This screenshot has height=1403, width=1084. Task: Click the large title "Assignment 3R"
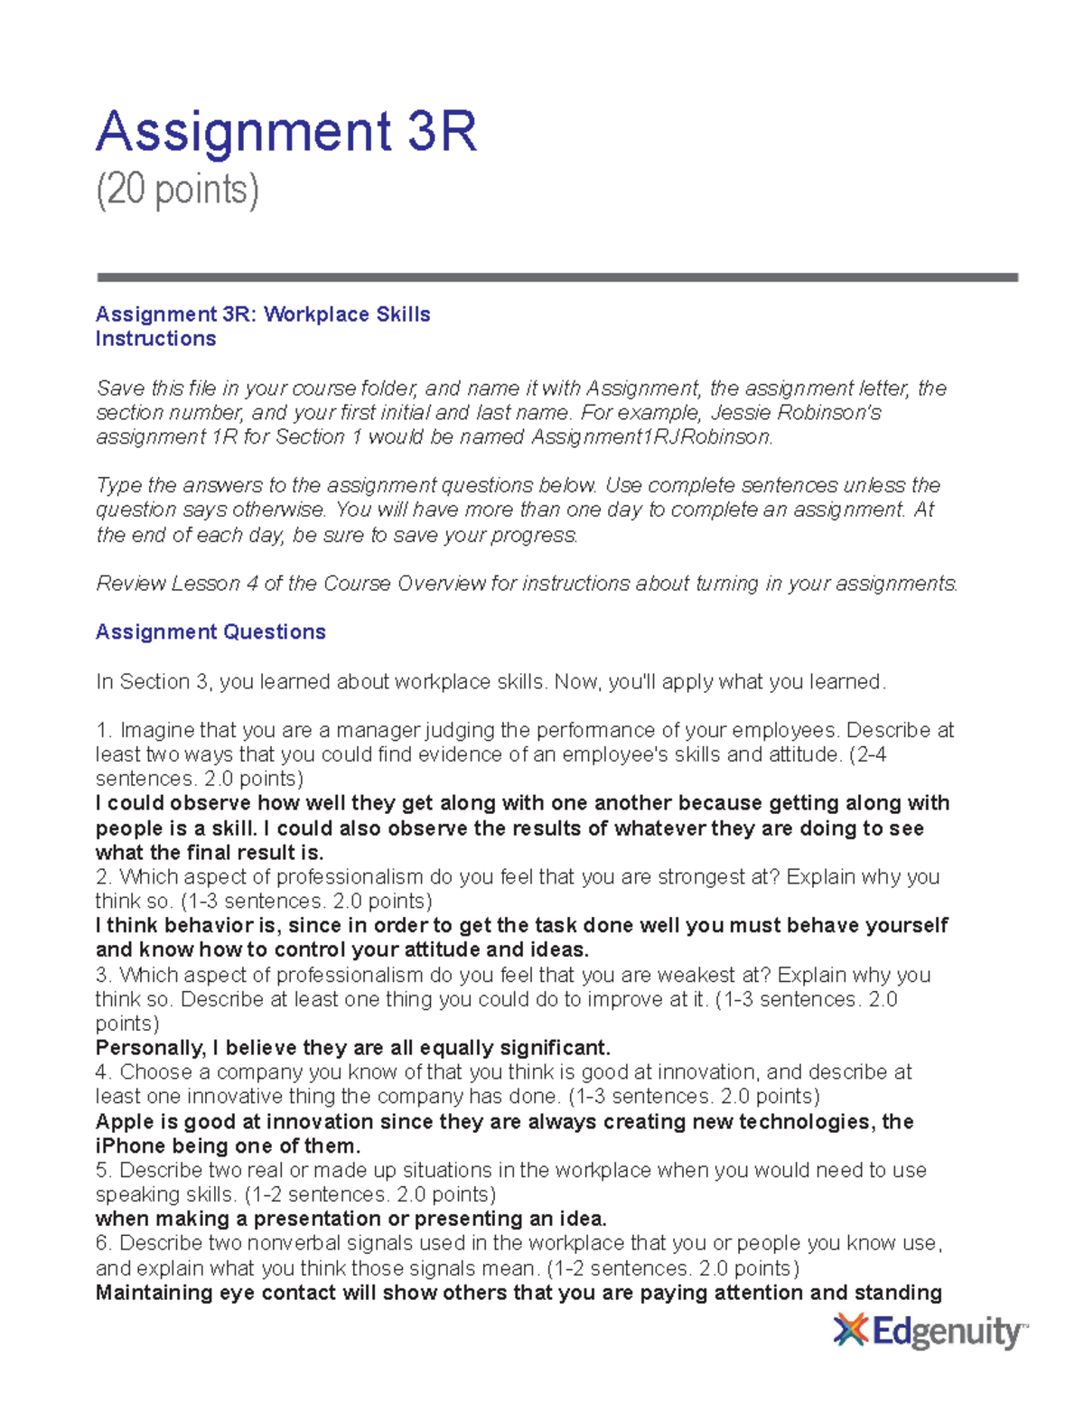coord(285,132)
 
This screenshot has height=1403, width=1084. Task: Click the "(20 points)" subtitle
coord(177,190)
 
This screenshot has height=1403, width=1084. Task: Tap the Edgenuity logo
coord(930,1332)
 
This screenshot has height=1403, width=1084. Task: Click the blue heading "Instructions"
coord(155,339)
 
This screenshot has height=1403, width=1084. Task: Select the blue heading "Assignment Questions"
coord(210,631)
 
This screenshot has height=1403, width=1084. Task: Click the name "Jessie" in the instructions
coord(743,413)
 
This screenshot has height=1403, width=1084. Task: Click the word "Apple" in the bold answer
coord(125,1122)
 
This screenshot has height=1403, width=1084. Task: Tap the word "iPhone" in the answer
coord(129,1146)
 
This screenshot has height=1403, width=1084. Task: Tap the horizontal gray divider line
coord(556,277)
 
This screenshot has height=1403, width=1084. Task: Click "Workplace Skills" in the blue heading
coord(347,314)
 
